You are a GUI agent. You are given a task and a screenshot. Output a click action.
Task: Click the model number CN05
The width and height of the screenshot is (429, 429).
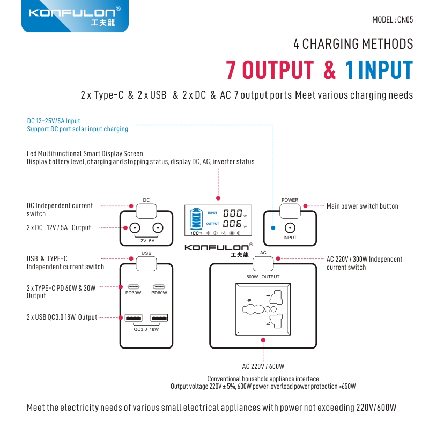(393, 20)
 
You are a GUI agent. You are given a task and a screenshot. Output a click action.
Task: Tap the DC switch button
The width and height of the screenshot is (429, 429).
(146, 210)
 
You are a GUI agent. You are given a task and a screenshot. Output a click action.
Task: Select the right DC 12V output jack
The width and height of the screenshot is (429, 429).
(158, 228)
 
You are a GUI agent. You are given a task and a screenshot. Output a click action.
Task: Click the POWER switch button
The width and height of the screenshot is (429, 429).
(290, 210)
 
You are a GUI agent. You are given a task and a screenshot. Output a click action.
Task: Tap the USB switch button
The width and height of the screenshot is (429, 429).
(146, 263)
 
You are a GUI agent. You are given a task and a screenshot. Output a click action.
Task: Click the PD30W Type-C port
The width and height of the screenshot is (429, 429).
(133, 286)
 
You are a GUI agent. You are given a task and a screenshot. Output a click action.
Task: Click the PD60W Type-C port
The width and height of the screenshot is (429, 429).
(159, 286)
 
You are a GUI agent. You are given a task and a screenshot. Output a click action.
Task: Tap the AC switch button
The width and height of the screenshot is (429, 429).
(263, 263)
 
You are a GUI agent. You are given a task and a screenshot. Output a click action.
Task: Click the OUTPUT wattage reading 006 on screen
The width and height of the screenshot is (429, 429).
(232, 224)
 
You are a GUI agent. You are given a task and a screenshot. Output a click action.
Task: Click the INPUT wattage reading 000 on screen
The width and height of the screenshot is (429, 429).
(232, 213)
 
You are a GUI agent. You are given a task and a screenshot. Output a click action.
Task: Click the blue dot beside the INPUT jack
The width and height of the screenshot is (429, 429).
(273, 227)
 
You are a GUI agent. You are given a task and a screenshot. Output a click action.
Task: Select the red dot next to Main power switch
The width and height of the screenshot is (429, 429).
(305, 206)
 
